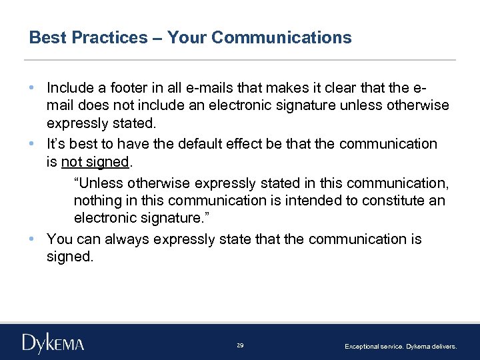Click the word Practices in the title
click(110, 37)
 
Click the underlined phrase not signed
click(94, 163)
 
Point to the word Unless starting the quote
click(95, 183)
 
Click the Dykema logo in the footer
click(53, 343)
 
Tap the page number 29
click(240, 345)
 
